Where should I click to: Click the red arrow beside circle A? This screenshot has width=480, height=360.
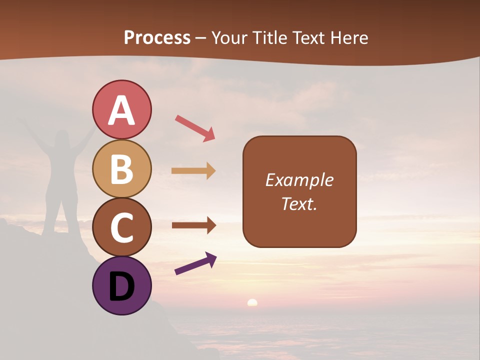(x=195, y=128)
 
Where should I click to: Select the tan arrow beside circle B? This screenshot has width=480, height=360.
(x=193, y=171)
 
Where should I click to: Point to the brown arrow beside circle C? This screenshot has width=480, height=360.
(x=194, y=225)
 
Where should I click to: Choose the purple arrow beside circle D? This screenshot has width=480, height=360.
(x=195, y=263)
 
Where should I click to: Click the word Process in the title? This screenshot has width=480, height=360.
(x=157, y=37)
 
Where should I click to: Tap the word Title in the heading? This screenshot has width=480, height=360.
(x=270, y=37)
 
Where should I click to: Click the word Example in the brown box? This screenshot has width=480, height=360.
(x=299, y=180)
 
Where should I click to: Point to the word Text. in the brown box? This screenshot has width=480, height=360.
(x=299, y=203)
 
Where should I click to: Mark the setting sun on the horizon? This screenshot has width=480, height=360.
(x=252, y=302)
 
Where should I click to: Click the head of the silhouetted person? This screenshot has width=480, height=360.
(x=62, y=137)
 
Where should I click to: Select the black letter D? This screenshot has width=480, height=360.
(x=121, y=286)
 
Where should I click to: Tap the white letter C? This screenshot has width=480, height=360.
(x=121, y=227)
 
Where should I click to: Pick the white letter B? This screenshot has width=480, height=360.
(x=121, y=169)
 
